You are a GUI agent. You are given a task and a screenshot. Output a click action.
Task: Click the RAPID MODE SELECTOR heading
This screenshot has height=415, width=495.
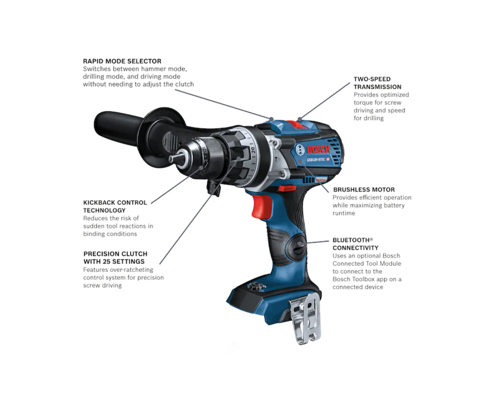[x=122, y=61]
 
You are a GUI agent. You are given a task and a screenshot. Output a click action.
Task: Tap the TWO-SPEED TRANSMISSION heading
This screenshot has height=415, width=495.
[x=377, y=83]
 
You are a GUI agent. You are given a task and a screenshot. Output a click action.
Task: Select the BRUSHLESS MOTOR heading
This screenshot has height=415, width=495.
[x=364, y=190]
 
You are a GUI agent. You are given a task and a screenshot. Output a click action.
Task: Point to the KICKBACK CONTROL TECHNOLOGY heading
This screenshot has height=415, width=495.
[x=115, y=207]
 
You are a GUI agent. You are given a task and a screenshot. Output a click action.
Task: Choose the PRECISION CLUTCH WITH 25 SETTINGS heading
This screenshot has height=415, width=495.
[x=115, y=257]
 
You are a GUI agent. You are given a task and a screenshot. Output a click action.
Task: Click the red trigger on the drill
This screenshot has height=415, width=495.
[x=262, y=207]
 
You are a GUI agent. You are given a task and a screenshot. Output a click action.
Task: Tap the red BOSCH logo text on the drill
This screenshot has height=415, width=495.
[x=318, y=149]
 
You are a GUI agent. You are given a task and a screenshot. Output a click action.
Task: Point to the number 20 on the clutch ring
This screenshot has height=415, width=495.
[x=253, y=150]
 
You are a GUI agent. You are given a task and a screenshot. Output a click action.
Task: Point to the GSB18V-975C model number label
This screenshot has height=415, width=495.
[x=316, y=160]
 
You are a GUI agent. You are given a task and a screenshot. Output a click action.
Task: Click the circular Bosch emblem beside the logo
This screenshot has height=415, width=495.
[x=300, y=150]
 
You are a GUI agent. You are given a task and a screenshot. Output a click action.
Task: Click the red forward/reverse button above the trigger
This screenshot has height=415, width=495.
[x=287, y=189]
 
